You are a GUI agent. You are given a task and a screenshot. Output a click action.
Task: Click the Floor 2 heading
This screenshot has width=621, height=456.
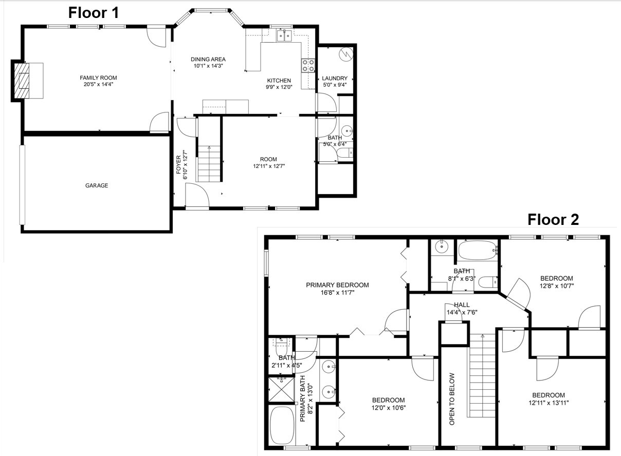tap(553, 220)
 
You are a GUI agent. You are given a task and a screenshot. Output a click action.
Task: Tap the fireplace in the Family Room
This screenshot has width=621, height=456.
tap(28, 80)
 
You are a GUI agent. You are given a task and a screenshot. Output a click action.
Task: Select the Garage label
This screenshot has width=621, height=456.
tap(97, 185)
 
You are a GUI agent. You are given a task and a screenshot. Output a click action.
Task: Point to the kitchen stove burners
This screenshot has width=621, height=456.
tap(308, 65)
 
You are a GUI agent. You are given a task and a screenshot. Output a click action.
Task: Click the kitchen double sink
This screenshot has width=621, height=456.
tap(284, 35)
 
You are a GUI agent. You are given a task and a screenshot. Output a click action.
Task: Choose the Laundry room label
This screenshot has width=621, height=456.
tap(335, 79)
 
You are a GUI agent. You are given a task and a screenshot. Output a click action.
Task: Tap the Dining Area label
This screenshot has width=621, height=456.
tap(208, 59)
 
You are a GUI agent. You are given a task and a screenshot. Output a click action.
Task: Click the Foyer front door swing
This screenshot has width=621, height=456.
tap(197, 197)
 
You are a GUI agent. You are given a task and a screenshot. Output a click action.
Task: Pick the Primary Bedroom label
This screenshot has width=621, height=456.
tap(337, 285)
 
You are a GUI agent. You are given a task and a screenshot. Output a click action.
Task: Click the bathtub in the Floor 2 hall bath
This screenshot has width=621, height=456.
tap(478, 251)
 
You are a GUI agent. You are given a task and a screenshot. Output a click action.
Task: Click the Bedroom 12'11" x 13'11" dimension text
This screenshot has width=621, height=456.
tap(552, 403)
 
